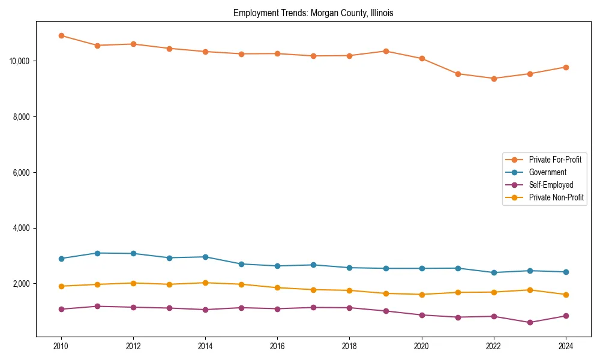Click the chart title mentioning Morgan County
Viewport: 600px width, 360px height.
(x=313, y=13)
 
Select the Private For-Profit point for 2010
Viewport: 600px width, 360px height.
(x=61, y=35)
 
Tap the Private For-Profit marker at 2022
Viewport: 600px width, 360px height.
(x=494, y=79)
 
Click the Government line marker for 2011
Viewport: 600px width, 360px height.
(x=97, y=253)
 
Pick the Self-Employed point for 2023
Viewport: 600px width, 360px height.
(x=530, y=322)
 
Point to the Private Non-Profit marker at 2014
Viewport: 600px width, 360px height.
(x=205, y=283)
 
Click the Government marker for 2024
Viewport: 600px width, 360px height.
(x=566, y=272)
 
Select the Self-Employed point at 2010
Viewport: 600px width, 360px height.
(x=61, y=309)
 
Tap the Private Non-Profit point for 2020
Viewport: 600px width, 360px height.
(x=422, y=295)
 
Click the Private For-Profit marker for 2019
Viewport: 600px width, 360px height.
(x=386, y=51)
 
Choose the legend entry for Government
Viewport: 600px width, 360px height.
(x=547, y=172)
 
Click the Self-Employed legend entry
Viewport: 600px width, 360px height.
(x=551, y=185)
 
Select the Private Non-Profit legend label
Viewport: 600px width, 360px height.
(x=556, y=197)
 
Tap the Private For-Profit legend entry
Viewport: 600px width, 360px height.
(x=555, y=160)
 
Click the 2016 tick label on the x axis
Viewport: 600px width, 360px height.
(x=277, y=346)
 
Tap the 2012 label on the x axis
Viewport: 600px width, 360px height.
(x=133, y=346)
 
